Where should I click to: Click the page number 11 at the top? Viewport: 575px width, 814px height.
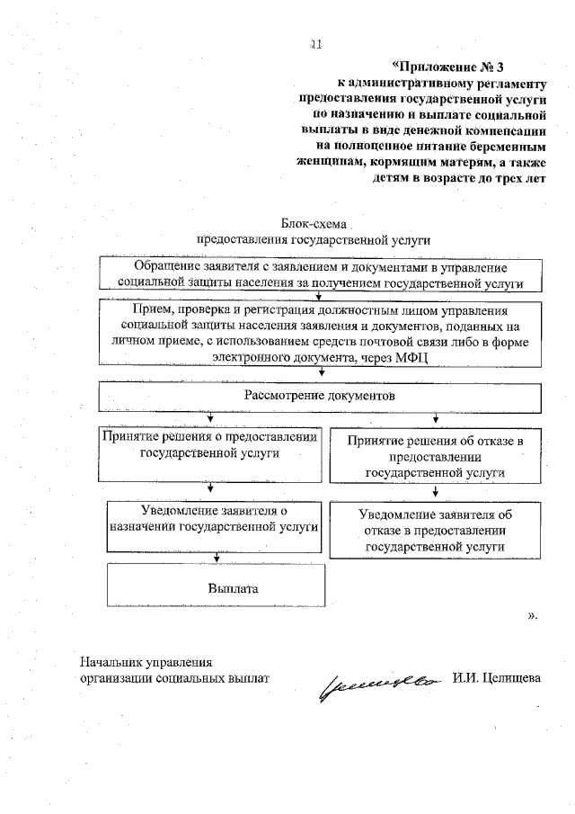coord(315,43)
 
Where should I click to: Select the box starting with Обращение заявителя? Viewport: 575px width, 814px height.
coord(321,274)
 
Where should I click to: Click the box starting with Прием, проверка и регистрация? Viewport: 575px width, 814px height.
coord(321,334)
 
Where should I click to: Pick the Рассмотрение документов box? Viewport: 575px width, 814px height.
coord(321,396)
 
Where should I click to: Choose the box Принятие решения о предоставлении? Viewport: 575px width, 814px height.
coord(209,455)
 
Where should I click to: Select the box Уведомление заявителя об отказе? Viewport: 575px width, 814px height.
coord(435,530)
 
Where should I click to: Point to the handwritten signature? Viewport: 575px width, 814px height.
coord(376,684)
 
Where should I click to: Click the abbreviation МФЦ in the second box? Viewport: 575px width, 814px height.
coord(411,357)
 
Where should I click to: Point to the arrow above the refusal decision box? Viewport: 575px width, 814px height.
coord(436,419)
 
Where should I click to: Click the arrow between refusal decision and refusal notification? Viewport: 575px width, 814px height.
coord(436,491)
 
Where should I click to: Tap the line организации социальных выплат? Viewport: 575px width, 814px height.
coord(174,677)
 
